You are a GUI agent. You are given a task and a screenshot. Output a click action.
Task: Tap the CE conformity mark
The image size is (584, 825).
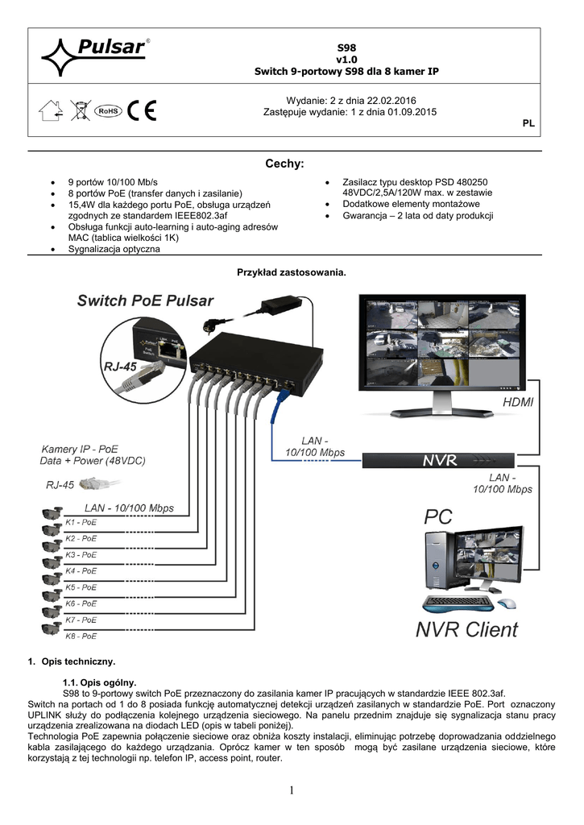[143, 110]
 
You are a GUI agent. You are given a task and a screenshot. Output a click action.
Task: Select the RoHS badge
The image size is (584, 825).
[107, 110]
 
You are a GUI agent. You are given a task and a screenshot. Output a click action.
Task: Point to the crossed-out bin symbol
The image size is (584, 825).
[80, 110]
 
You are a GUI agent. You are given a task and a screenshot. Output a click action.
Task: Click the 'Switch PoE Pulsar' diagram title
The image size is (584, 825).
[145, 301]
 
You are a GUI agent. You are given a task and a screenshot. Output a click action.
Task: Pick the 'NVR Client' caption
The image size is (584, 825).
[466, 628]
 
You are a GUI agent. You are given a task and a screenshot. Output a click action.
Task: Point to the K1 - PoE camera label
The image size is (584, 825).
[81, 521]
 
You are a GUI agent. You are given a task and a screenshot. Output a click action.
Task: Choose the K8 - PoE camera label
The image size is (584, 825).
[81, 636]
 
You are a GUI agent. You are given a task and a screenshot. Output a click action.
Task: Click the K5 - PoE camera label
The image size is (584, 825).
[81, 587]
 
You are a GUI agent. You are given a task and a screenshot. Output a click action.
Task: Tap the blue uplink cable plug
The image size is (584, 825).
[282, 395]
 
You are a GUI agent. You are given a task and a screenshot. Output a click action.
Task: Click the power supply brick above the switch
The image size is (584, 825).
[276, 306]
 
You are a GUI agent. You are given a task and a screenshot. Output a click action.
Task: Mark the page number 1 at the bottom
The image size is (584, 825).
[291, 791]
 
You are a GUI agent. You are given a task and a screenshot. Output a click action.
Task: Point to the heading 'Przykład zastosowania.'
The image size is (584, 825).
[291, 272]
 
